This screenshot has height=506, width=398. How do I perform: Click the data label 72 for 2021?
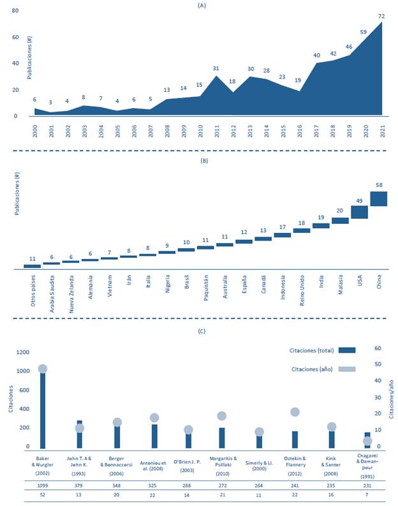(x=381, y=15)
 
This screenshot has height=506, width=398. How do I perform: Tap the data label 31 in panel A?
(x=216, y=69)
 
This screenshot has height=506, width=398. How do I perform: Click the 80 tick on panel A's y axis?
(x=15, y=11)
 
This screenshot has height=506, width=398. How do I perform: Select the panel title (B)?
(x=203, y=161)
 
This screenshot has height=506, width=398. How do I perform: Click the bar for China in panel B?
(x=378, y=198)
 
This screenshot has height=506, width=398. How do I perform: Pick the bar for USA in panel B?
(x=359, y=212)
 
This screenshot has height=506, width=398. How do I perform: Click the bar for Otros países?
(x=32, y=265)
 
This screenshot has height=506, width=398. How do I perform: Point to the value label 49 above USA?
(x=359, y=201)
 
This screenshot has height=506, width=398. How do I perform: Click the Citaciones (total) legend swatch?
(x=347, y=350)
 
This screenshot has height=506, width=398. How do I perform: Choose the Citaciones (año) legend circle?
(x=347, y=369)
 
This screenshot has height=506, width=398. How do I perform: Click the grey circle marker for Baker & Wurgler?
(x=43, y=369)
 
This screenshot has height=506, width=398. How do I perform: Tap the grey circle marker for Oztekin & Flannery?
(x=295, y=412)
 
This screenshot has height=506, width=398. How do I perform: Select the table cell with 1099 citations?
(x=43, y=484)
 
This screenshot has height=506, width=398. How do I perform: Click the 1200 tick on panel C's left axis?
(x=23, y=352)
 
